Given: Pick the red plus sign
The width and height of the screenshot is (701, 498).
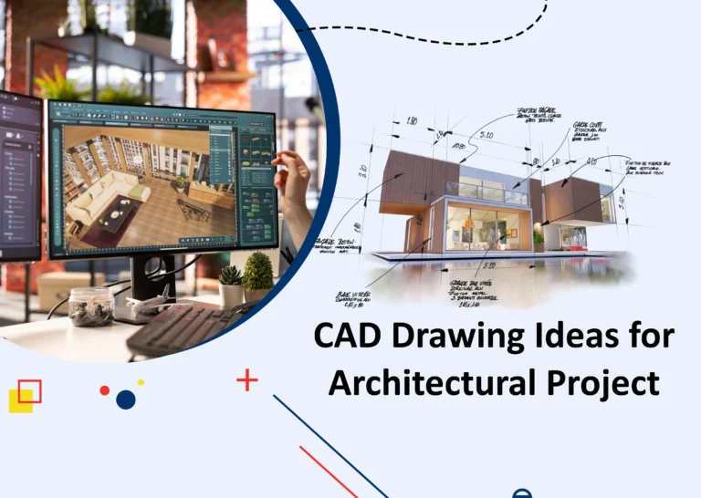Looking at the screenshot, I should (247, 379).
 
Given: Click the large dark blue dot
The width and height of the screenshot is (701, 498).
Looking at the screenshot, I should (126, 399).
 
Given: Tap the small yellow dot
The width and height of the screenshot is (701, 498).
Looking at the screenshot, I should (141, 382).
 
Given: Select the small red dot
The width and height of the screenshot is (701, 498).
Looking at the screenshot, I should (105, 390).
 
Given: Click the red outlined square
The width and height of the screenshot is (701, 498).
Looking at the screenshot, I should (29, 391).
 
